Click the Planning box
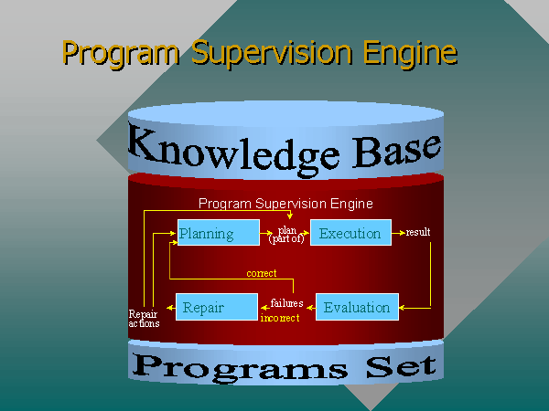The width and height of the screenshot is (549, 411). point(217,234)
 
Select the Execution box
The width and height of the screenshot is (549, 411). point(350,234)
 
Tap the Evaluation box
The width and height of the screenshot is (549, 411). point(358,308)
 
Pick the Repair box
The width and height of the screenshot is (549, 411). point(217,308)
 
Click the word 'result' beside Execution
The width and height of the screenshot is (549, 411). point(418,233)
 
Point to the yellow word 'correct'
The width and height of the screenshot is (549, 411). point(262,273)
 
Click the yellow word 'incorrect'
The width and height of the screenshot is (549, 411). point(280,318)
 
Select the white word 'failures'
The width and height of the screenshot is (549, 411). point(286,303)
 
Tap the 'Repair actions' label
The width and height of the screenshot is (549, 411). point(144,319)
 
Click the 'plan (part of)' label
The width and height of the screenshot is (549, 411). point(287,235)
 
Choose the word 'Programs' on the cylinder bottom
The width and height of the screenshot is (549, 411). point(239,367)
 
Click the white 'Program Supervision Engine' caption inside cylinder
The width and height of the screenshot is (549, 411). point(285,204)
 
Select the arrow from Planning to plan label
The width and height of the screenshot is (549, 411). point(269,234)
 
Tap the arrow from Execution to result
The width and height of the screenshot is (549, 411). point(398,234)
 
